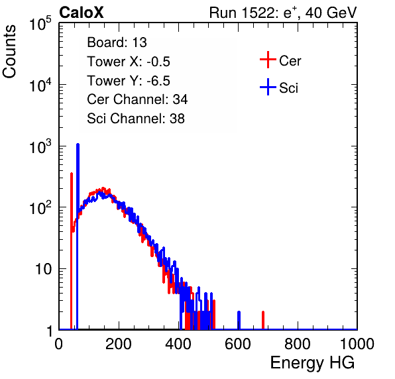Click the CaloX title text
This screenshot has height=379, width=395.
coord(82,13)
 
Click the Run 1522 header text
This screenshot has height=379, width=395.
coord(283,13)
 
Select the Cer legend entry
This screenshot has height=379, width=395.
coord(280,60)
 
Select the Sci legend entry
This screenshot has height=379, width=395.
coord(279,87)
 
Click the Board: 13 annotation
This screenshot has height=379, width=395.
coord(117,42)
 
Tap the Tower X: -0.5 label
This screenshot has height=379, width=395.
coord(129,62)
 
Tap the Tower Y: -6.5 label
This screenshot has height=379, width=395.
coord(129,81)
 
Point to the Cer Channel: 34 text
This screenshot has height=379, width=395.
coord(137,99)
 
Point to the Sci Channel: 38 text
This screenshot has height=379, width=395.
coord(136,118)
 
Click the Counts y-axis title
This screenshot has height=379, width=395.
coord(9,52)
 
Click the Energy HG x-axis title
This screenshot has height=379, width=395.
coord(312,363)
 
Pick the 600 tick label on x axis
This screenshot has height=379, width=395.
coord(238,344)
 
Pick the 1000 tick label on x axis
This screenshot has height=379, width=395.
coord(357,344)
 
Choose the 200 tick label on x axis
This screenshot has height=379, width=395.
coord(119,344)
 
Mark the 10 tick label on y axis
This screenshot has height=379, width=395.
coord(43,269)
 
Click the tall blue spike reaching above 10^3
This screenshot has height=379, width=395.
coord(78,237)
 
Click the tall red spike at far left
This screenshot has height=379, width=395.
coord(72,251)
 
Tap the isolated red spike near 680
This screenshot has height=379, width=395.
coord(263,320)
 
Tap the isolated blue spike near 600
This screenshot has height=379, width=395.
coord(239,320)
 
